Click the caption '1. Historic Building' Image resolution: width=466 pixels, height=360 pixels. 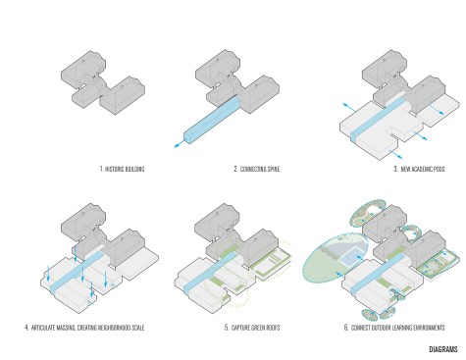click(x=122, y=169)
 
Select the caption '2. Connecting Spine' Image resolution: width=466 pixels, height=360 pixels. click(x=257, y=169)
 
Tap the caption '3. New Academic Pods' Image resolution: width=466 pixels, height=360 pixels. click(x=419, y=169)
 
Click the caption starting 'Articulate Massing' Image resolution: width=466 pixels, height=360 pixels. click(x=87, y=328)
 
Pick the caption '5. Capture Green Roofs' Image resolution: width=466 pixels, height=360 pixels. click(x=252, y=328)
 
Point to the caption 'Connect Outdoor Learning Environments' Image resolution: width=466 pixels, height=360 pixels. click(x=398, y=328)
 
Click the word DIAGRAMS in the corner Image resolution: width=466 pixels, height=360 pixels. click(x=443, y=349)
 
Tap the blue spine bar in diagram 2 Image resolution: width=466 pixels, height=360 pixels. click(x=212, y=121)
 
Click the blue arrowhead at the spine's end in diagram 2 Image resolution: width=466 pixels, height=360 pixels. click(x=177, y=146)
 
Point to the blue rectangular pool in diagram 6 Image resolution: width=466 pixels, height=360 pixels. click(x=350, y=256)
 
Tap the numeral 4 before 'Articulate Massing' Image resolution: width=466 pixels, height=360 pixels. click(x=26, y=328)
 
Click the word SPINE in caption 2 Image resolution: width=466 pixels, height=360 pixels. click(x=273, y=169)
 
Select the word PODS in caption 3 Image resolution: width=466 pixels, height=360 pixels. click(x=439, y=169)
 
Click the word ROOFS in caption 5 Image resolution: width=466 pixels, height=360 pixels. click(x=273, y=328)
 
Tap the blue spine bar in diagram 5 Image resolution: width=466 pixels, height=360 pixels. click(x=209, y=273)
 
